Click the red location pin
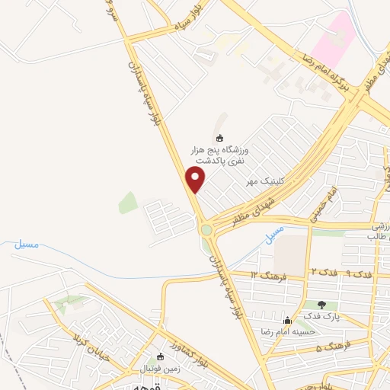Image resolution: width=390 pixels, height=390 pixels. pyautogui.click(x=197, y=180)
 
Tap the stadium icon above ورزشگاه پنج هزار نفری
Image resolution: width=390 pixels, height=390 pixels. pyautogui.click(x=220, y=138)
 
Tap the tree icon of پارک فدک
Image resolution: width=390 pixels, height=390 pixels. pyautogui.click(x=321, y=305)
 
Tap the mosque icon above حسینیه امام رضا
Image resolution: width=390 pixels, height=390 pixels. pyautogui.click(x=287, y=320)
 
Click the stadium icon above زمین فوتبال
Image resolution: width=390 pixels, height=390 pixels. pyautogui.click(x=160, y=356)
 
